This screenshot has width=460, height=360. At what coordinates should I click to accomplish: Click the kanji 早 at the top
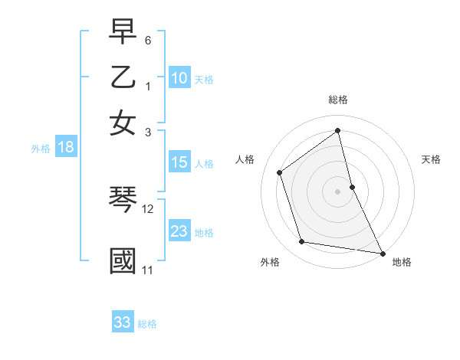pyautogui.click(x=123, y=34)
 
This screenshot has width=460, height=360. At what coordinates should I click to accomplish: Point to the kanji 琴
pyautogui.click(x=123, y=201)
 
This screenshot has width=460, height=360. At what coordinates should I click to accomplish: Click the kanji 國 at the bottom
pyautogui.click(x=123, y=260)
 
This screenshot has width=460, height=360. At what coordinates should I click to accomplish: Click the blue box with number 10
pyautogui.click(x=179, y=78)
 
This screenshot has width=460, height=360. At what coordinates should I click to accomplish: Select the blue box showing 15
pyautogui.click(x=179, y=162)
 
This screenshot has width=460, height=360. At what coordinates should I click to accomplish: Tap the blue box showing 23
pyautogui.click(x=179, y=231)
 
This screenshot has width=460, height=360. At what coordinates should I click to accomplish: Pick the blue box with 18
pyautogui.click(x=66, y=148)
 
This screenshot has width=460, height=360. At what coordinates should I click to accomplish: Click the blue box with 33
pyautogui.click(x=123, y=322)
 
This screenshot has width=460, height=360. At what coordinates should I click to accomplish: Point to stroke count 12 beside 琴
pyautogui.click(x=148, y=208)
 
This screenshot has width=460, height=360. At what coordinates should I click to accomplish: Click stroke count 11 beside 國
pyautogui.click(x=148, y=270)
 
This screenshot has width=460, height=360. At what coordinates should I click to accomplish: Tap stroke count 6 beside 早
pyautogui.click(x=149, y=40)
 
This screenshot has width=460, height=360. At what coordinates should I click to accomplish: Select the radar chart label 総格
pyautogui.click(x=338, y=100)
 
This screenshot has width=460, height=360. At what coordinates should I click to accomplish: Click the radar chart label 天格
pyautogui.click(x=432, y=159)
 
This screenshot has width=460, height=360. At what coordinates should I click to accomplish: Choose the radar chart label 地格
pyautogui.click(x=402, y=263)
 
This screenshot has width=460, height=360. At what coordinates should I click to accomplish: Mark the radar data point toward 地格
pyautogui.click(x=381, y=253)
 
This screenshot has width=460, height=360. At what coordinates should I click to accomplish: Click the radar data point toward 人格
pyautogui.click(x=280, y=172)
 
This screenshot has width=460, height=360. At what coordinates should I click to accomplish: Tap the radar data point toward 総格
pyautogui.click(x=338, y=130)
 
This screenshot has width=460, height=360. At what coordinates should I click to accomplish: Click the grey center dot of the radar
pyautogui.click(x=338, y=191)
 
